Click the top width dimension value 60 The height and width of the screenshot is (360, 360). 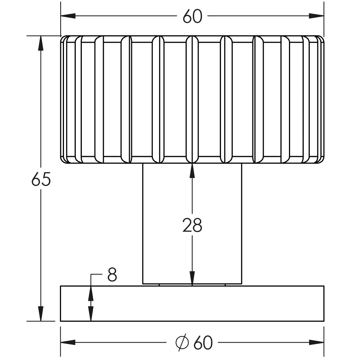point(192,16)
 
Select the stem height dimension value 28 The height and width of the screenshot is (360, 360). point(192,225)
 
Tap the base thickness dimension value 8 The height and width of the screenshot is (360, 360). point(112,274)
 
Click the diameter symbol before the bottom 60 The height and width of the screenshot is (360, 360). point(182,342)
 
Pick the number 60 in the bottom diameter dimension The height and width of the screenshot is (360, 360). point(203,343)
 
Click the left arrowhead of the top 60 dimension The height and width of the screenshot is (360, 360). point(68,16)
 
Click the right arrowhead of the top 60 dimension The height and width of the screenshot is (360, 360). point(316,16)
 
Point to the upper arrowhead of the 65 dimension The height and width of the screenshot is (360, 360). point(41,44)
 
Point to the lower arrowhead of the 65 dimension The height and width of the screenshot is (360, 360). point(41,314)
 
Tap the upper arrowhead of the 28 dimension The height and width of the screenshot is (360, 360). point(192,171)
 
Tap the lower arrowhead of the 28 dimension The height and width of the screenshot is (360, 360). point(192,279)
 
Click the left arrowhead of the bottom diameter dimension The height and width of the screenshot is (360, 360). point(68,342)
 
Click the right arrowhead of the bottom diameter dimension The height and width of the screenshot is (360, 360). point(316,342)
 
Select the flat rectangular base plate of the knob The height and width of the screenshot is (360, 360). point(192,303)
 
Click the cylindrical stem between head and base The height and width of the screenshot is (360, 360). point(192,224)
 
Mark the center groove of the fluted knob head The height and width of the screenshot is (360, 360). point(192,99)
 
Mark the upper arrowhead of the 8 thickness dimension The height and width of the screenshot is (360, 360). point(91,293)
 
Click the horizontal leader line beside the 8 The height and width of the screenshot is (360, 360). point(96,274)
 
